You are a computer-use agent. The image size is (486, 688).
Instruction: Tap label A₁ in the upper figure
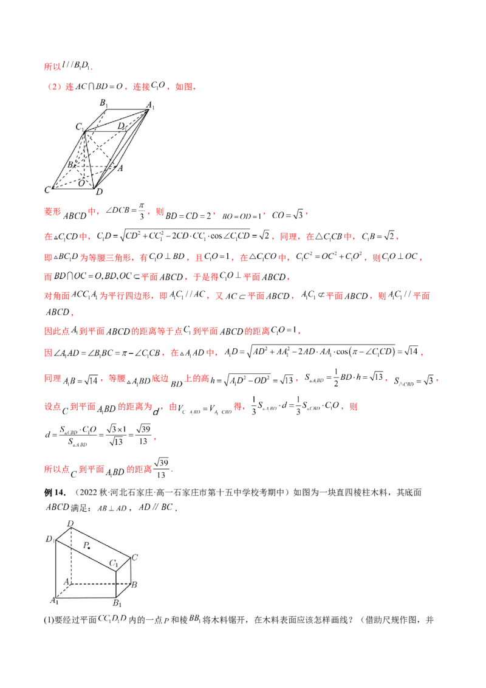click(151, 106)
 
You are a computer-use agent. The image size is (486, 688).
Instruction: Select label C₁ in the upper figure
click(79, 126)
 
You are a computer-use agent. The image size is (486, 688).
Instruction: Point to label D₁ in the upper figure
click(122, 126)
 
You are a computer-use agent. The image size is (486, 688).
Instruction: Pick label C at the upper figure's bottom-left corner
click(47, 190)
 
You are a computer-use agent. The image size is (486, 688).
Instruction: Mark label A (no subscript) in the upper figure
click(120, 168)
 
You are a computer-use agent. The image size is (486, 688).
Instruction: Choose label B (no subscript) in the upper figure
click(70, 165)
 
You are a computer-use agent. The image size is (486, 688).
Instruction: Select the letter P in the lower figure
click(85, 545)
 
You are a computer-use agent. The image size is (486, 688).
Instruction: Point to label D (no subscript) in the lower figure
click(70, 523)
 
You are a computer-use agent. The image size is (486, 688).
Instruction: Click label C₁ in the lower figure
click(113, 565)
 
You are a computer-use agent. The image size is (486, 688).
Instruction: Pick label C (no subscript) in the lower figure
click(135, 557)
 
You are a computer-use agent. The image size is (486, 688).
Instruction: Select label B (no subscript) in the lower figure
click(134, 585)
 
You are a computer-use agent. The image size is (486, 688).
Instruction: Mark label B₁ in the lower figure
click(115, 604)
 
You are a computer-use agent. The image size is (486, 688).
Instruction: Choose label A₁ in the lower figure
click(53, 601)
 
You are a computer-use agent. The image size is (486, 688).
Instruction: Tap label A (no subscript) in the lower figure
click(61, 582)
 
